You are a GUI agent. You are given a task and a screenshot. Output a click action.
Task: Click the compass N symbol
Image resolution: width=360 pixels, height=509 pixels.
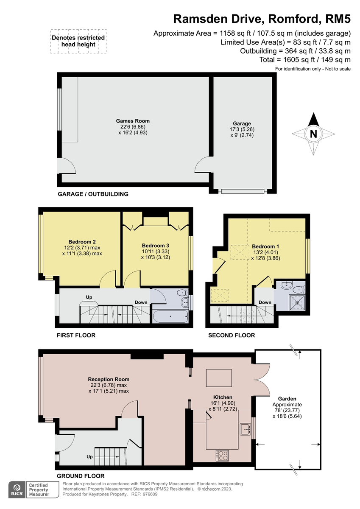pos(313,134)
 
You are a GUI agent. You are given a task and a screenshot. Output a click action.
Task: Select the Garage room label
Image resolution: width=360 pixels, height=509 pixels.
pos(242,124)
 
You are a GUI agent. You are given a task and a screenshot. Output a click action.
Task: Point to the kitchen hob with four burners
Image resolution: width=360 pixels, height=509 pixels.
pos(222,455)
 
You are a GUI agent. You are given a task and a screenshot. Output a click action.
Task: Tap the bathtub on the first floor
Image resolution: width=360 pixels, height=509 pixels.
pos(170,316)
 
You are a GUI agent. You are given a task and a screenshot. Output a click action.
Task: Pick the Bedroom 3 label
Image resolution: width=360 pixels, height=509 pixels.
pos(156,246)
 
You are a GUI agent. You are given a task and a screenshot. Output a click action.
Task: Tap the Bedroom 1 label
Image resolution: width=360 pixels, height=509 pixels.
pos(265,246)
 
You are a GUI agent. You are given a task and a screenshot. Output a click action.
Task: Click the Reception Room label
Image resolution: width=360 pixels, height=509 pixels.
pos(109,379)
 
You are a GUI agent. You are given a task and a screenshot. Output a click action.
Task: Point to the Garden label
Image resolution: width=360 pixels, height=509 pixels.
pos(287,399)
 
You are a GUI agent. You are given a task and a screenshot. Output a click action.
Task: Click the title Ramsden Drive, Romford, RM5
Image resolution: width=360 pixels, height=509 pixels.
pos(262,19)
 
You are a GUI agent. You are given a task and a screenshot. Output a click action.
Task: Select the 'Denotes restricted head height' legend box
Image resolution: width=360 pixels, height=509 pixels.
pos(78,41)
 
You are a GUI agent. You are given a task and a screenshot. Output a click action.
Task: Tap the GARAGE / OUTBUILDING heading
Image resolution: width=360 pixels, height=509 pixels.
pos(93,194)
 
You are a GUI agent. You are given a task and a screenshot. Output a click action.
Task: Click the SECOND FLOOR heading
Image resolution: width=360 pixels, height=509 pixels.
pos(232,335)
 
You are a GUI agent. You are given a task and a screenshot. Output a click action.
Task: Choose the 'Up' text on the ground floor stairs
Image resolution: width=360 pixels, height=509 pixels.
pos(89,457)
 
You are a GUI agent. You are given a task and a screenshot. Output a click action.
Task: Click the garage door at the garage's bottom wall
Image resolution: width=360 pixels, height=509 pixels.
pos(244,191)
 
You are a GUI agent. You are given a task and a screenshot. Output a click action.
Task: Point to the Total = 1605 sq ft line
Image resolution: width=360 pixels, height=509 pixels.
pos(305,60)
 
